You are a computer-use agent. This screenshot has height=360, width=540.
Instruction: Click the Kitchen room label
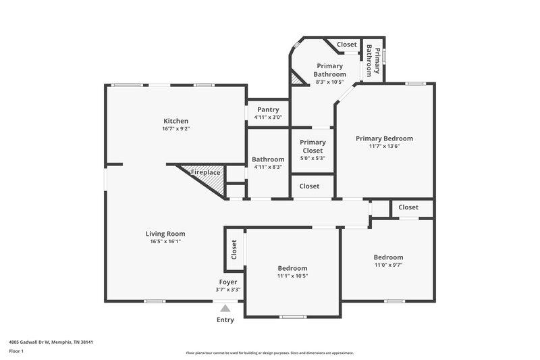pyautogui.click(x=175, y=121)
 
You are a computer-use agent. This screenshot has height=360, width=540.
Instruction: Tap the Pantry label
pyautogui.click(x=268, y=109)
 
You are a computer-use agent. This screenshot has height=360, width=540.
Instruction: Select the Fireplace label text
pyautogui.click(x=205, y=173)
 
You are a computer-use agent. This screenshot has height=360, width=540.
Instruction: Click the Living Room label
pyautogui.click(x=165, y=234)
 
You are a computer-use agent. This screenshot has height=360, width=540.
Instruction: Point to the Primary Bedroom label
pyautogui.click(x=384, y=138)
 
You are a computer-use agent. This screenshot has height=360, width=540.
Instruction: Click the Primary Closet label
pyautogui.click(x=313, y=146)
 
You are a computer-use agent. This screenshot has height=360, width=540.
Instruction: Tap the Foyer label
pyautogui.click(x=228, y=282)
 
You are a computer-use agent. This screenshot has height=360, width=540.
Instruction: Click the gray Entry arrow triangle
pyautogui.click(x=225, y=308)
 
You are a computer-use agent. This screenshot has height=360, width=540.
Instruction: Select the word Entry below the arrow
pyautogui.click(x=225, y=320)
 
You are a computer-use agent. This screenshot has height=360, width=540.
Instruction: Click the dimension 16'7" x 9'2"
pyautogui.click(x=175, y=129)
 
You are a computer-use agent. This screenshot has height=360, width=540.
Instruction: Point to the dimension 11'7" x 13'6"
pyautogui.click(x=384, y=147)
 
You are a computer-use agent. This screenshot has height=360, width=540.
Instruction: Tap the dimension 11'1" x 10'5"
pyautogui.click(x=292, y=276)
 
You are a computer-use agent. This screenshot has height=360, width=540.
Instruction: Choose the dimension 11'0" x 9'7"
pyautogui.click(x=389, y=265)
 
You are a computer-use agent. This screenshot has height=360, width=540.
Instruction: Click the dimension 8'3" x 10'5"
pyautogui.click(x=330, y=82)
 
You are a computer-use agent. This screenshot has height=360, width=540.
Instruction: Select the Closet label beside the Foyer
pyautogui.click(x=234, y=251)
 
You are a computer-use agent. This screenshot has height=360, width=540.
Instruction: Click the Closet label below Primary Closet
pyautogui.click(x=309, y=186)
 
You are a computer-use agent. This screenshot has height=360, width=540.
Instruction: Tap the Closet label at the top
pyautogui.click(x=346, y=45)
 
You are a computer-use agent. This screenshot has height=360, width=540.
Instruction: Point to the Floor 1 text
pyautogui.click(x=16, y=352)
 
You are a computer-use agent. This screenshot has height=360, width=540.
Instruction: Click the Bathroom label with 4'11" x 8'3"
pyautogui.click(x=268, y=159)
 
